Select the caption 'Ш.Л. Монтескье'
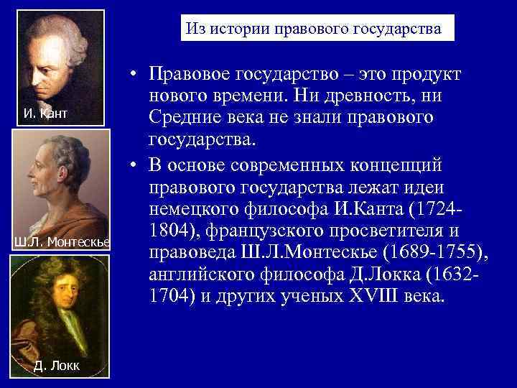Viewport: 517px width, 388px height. click(61, 241)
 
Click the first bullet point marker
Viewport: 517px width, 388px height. click(134, 75)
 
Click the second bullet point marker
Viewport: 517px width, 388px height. click(134, 165)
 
